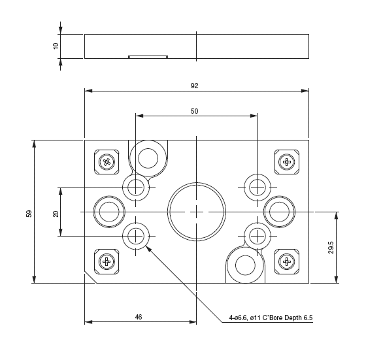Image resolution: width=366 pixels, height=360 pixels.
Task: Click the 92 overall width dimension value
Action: (x=194, y=86)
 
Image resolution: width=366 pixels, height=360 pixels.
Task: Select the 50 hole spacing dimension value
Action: (x=194, y=111)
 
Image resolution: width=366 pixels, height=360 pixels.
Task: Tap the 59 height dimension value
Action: (x=29, y=213)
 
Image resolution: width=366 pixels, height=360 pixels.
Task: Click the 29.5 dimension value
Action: (x=331, y=248)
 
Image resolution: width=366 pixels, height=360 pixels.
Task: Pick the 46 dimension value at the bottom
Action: (x=139, y=316)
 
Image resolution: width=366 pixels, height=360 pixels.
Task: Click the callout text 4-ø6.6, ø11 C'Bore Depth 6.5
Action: (x=271, y=318)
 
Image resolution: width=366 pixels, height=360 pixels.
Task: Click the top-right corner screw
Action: (x=286, y=161)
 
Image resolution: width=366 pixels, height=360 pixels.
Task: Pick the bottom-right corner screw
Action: (x=286, y=262)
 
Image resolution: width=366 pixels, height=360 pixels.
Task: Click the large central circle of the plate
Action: (x=196, y=212)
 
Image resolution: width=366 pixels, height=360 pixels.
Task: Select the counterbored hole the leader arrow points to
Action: (x=136, y=235)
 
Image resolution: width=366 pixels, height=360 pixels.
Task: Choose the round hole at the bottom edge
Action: (x=245, y=265)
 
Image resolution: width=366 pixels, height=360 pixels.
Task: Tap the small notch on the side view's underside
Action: (x=148, y=57)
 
